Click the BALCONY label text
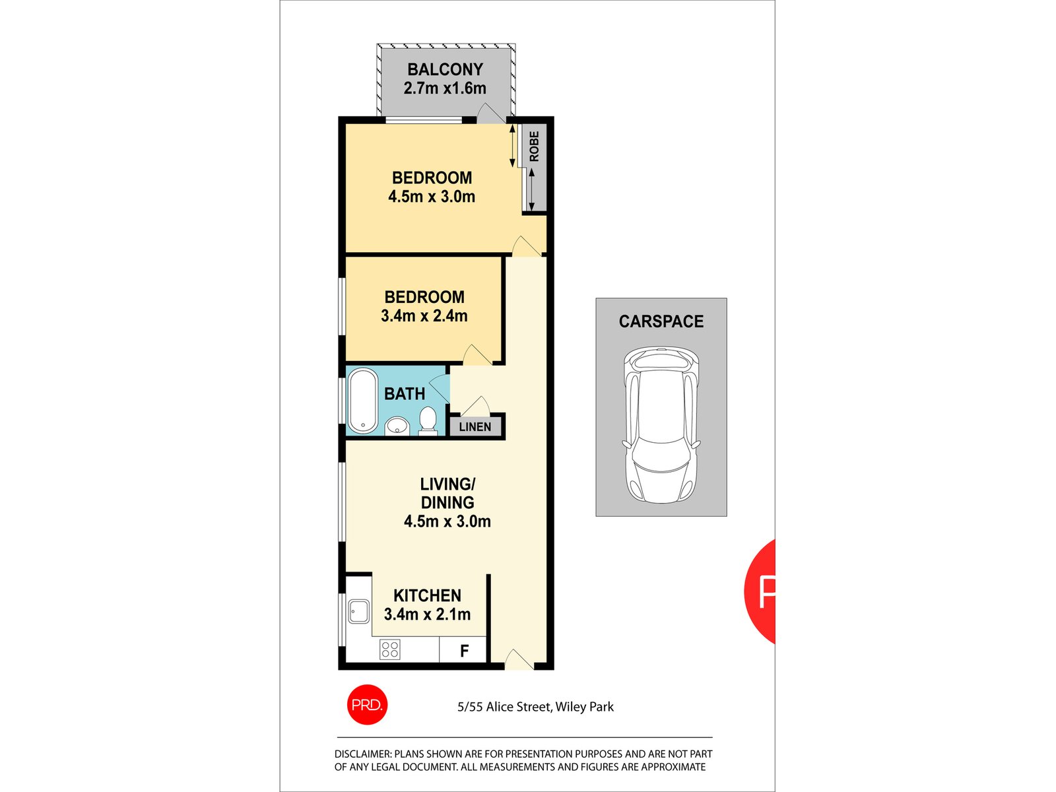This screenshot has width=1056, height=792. (445, 69)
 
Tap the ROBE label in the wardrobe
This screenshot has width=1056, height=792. (534, 147)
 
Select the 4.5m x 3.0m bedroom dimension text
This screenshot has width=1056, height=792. (432, 197)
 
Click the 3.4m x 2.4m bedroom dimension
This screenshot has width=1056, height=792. (424, 316)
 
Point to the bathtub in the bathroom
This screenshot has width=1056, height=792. (362, 401)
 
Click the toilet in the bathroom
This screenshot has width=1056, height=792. (428, 421)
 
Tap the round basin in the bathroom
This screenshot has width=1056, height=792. (397, 426)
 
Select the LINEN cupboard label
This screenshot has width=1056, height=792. (475, 427)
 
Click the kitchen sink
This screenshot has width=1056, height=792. (358, 611)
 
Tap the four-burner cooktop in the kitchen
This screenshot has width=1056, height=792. (389, 649)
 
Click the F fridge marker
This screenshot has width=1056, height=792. (464, 651)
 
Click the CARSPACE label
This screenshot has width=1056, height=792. (661, 321)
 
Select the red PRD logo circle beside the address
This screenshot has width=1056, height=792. (366, 705)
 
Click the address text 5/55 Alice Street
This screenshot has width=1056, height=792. (504, 707)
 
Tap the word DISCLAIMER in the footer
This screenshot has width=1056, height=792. (362, 754)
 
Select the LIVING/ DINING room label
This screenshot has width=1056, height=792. (447, 493)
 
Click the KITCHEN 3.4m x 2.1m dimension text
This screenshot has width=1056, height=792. (427, 614)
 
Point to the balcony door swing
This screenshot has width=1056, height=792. (490, 114)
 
